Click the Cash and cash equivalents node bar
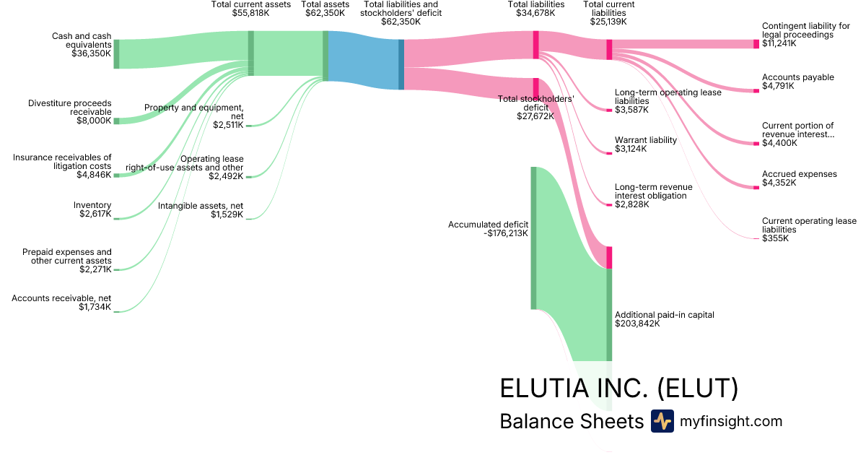point(116,54)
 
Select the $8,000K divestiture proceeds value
point(94,121)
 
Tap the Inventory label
point(92,205)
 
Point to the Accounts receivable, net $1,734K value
point(95,307)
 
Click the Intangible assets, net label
point(201,206)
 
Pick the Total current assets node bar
point(251,53)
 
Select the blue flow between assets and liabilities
point(363,64)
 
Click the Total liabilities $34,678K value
point(536,13)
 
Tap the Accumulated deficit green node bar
point(534,238)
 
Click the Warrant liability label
point(646,140)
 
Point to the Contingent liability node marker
point(756,44)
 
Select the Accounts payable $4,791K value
point(778,86)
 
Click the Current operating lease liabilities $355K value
point(775,238)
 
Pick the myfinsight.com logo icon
point(662,421)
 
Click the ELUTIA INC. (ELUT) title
point(619,388)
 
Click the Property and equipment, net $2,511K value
point(228,125)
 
